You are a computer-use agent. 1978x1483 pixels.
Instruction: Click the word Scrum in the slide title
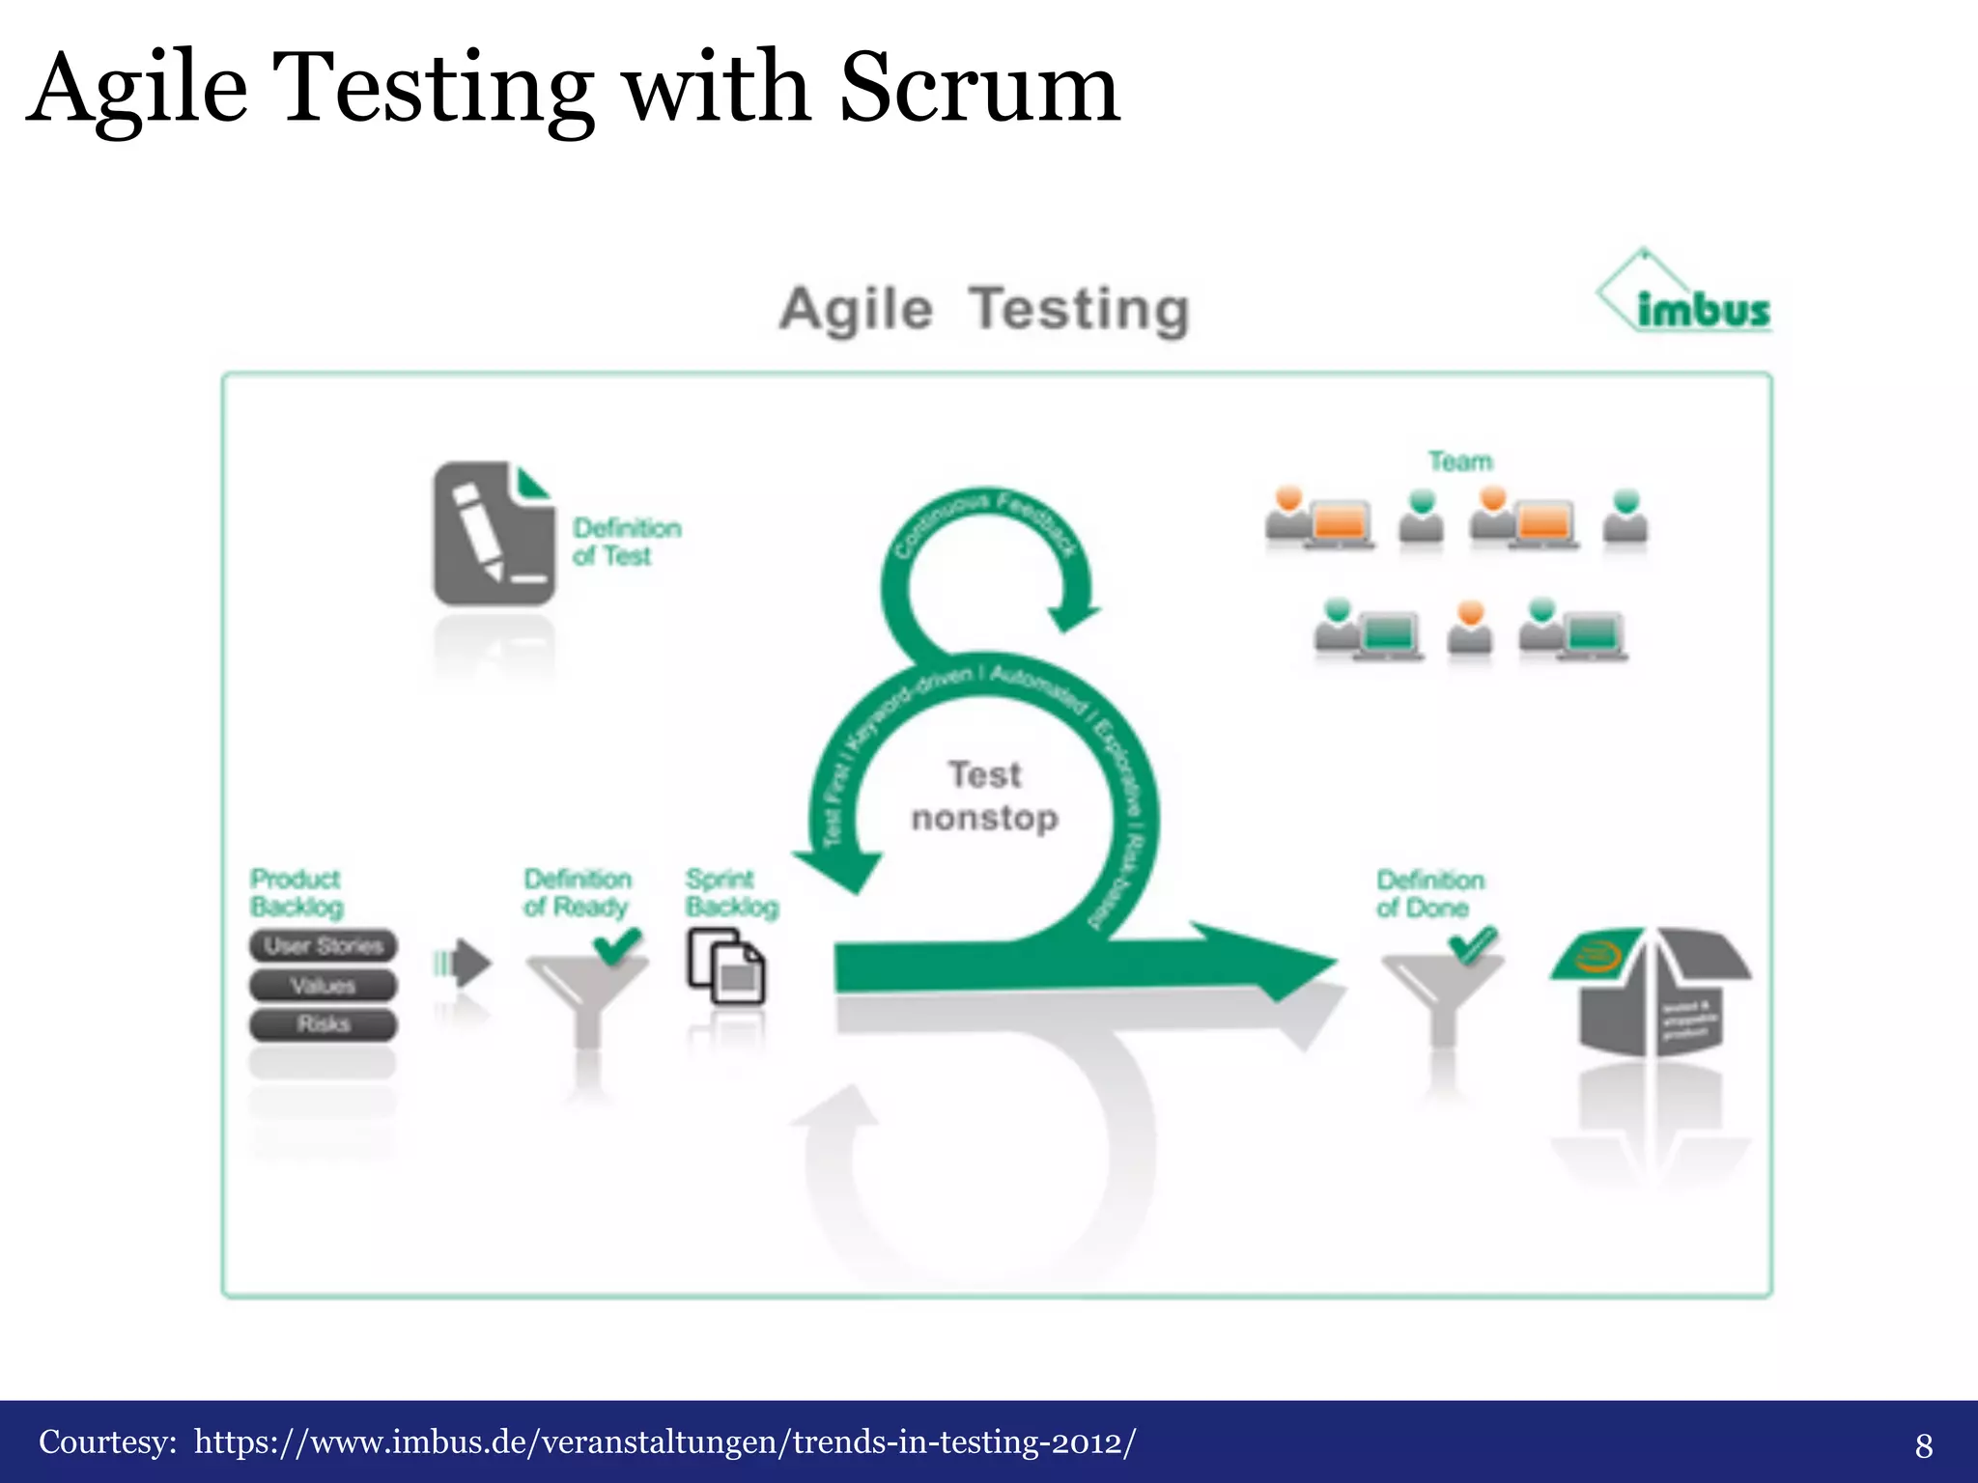979,89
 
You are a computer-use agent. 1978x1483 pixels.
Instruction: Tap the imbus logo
1686,295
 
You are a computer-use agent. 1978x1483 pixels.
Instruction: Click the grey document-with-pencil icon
493,533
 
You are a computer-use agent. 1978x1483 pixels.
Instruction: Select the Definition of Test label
626,542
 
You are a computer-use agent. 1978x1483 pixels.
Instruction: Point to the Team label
1460,462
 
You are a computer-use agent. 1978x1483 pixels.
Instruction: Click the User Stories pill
324,946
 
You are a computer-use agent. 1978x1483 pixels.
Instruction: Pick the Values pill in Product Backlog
324,986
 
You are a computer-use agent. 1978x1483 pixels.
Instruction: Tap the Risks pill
324,1024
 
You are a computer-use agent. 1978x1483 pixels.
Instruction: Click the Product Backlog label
296,893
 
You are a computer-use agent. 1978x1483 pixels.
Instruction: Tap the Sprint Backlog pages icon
726,966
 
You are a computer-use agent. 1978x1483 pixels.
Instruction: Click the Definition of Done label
1429,894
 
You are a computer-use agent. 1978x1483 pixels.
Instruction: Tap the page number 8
1923,1445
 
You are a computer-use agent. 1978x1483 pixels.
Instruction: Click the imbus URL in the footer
664,1441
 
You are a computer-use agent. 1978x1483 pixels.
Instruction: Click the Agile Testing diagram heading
984,310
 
